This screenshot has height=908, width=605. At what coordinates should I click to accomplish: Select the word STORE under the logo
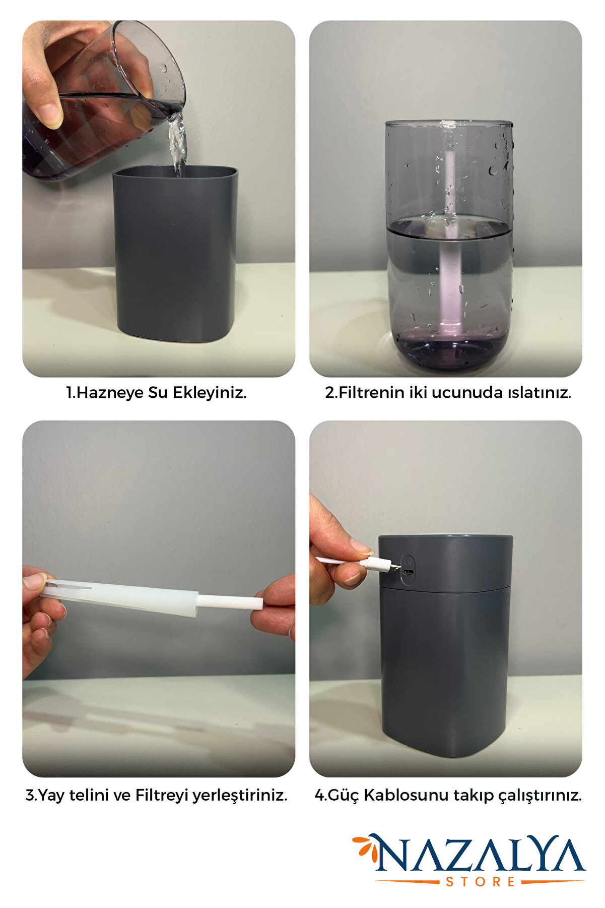(480, 882)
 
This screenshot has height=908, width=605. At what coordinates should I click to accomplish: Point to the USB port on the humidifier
(409, 572)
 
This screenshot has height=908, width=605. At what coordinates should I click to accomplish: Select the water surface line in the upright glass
(449, 229)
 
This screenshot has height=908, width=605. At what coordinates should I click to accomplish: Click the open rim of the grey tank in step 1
(175, 171)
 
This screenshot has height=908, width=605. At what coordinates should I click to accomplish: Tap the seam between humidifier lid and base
(445, 588)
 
